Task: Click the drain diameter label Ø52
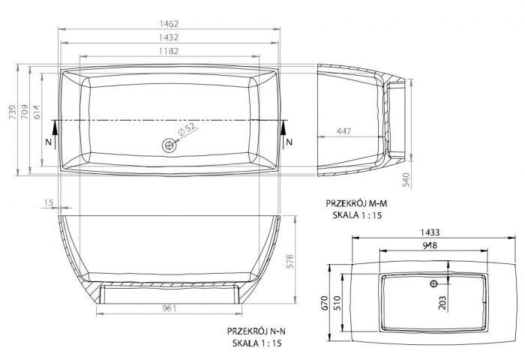click(x=187, y=130)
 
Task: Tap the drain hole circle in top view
click(x=169, y=145)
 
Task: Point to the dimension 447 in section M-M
click(x=343, y=131)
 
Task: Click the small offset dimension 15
click(x=48, y=202)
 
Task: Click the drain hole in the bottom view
click(x=433, y=284)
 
